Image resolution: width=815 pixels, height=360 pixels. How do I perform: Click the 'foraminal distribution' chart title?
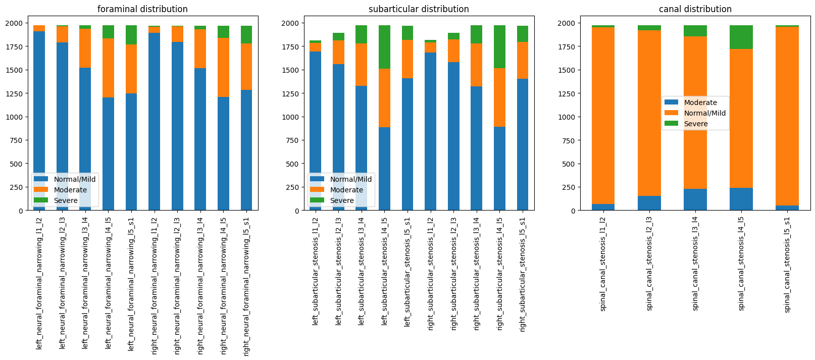(142, 9)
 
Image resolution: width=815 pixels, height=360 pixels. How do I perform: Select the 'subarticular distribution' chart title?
(419, 9)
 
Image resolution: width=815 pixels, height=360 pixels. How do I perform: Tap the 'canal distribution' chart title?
(695, 9)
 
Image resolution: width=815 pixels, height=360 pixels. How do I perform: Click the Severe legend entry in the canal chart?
(695, 124)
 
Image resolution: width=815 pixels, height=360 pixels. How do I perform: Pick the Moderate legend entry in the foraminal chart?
(70, 190)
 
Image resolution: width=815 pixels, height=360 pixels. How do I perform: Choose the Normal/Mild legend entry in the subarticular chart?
(350, 179)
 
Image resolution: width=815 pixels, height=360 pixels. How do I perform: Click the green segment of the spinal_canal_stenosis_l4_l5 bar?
(741, 37)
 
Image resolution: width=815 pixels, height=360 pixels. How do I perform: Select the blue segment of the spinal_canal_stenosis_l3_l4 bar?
(695, 199)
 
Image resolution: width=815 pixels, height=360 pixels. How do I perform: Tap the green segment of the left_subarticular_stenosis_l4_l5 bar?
(384, 47)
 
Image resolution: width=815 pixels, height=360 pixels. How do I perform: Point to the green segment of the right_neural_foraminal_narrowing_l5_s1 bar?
(246, 35)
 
